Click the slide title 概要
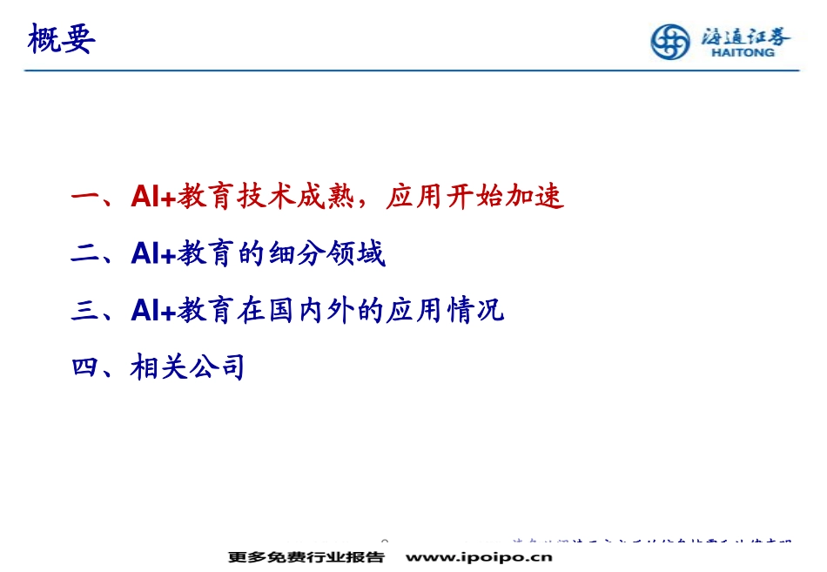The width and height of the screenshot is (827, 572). tap(61, 39)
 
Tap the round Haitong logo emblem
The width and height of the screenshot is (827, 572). tap(670, 42)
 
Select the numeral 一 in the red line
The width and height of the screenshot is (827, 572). tap(84, 197)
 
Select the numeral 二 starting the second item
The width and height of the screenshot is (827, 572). tap(84, 253)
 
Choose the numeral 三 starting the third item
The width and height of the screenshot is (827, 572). tap(84, 310)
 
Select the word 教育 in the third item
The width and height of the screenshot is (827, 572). tap(205, 310)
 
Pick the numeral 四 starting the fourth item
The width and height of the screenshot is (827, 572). tap(84, 367)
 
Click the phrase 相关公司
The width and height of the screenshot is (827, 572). tap(188, 367)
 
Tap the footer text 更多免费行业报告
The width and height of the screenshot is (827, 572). tap(306, 557)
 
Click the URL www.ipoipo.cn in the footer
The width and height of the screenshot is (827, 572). tap(480, 557)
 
